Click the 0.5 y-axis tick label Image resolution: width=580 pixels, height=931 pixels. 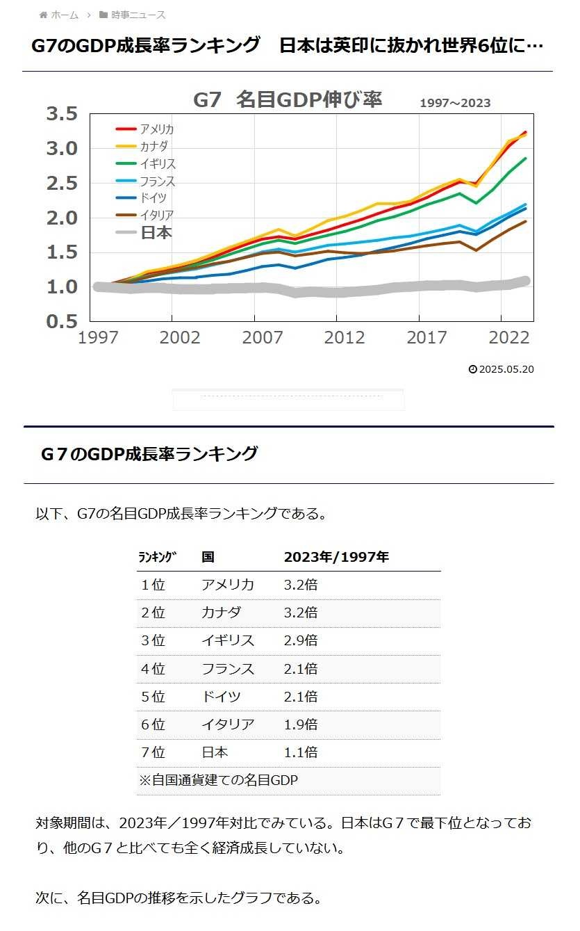[62, 322]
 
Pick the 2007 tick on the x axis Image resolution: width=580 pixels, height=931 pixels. [263, 337]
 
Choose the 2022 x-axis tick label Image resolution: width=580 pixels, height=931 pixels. [508, 337]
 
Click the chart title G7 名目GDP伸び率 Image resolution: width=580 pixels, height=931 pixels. [288, 99]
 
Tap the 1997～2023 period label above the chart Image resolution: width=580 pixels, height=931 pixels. [455, 103]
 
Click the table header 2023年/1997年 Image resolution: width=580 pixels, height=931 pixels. [336, 557]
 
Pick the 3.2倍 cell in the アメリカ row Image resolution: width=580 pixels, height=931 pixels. [301, 585]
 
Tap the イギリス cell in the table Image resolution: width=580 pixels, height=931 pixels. [228, 640]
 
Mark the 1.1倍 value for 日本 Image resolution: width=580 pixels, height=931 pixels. [301, 752]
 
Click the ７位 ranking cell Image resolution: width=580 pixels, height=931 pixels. [153, 752]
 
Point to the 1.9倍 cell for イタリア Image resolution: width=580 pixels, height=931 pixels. [301, 724]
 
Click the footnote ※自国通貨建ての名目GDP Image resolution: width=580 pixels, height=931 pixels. [219, 780]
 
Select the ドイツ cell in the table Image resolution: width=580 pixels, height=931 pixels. [221, 697]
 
